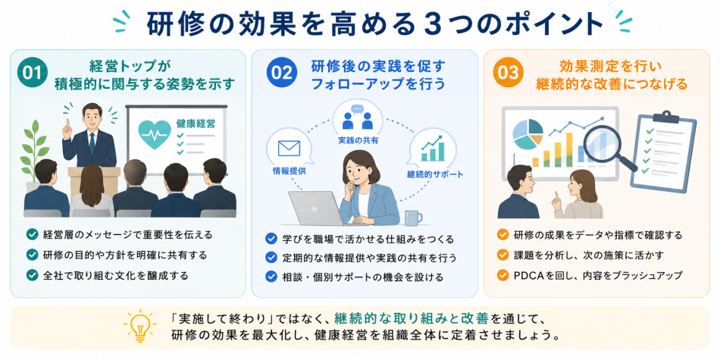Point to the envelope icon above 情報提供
288,149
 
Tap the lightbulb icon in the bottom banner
139,325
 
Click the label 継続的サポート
434,174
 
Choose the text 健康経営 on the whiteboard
195,124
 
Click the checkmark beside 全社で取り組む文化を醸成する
32,275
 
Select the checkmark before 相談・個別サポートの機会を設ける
271,277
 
